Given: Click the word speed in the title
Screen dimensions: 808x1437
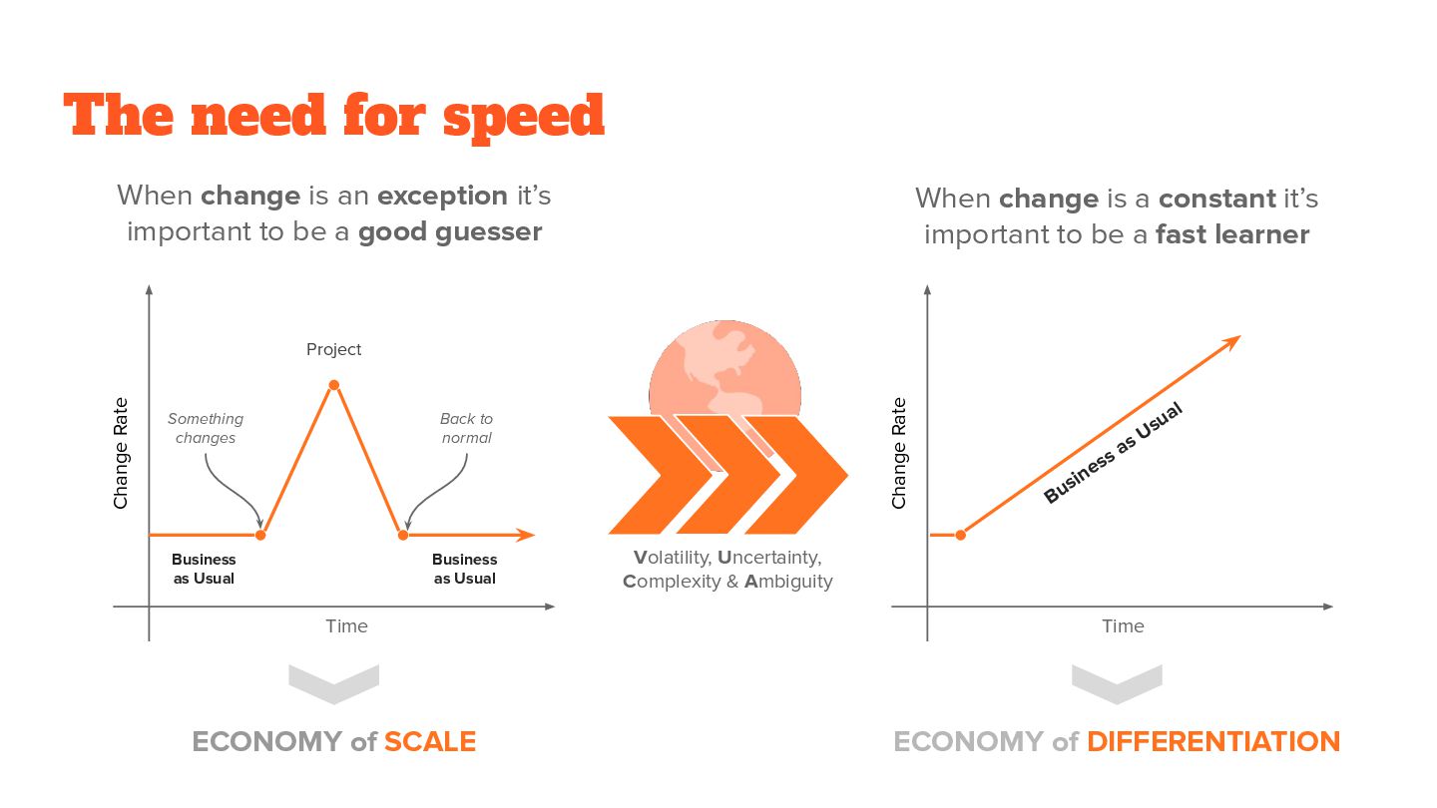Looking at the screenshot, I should point(524,116).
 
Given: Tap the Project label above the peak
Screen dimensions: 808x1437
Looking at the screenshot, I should point(333,349).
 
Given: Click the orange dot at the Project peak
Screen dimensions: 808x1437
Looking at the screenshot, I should point(333,385).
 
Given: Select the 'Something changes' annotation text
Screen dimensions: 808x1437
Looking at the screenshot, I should point(206,428).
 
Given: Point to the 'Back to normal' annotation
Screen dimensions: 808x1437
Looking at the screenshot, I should point(466,428).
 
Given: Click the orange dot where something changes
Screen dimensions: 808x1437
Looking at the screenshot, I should point(260,536).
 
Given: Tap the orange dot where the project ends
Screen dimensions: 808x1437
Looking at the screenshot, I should point(403,536).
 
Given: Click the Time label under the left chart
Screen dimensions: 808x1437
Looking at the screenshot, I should point(346,626).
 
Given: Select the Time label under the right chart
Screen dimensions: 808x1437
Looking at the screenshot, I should point(1123,626).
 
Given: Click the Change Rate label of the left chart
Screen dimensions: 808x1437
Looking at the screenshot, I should point(121,453).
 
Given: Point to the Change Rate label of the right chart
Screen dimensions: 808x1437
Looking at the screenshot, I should point(899,453).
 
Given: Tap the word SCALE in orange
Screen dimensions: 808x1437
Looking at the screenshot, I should point(430,742).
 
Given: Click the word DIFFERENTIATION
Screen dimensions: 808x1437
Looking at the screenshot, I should point(1212,742).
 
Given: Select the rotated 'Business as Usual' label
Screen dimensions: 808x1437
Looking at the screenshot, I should point(1112,453).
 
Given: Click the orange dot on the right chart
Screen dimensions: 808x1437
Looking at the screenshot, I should point(961,536).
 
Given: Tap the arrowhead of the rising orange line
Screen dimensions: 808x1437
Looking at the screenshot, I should point(1232,341).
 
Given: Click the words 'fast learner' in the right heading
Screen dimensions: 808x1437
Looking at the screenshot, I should point(1232,234).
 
